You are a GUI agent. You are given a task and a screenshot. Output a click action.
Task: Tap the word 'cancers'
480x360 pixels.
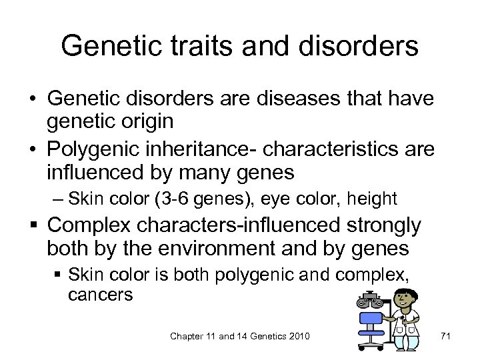[x=101, y=295]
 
